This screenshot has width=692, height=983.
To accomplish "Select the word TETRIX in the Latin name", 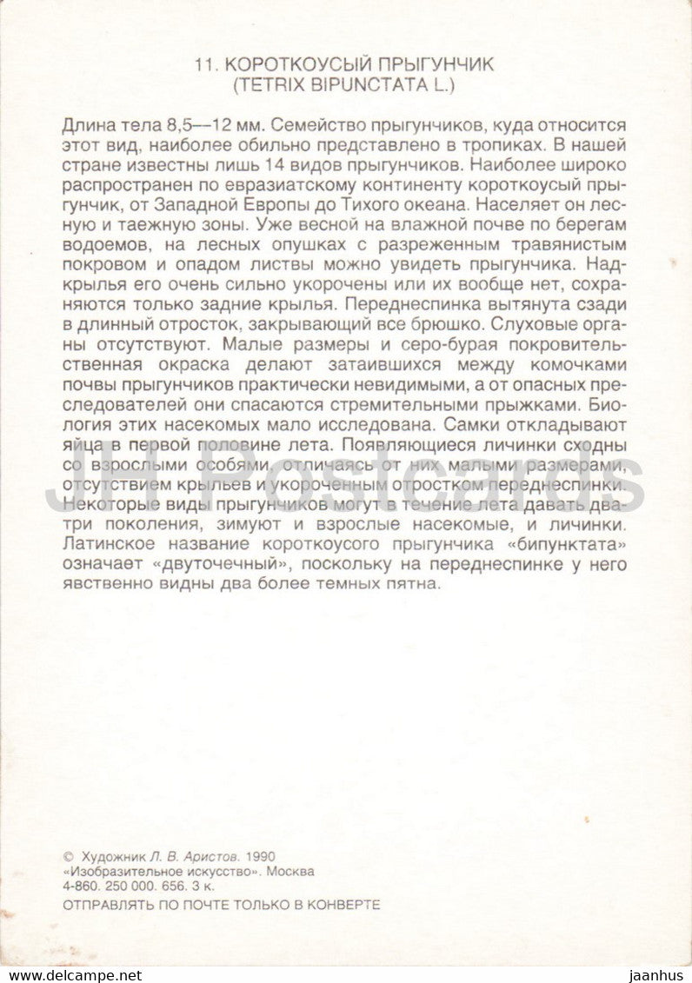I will tap(262, 85).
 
